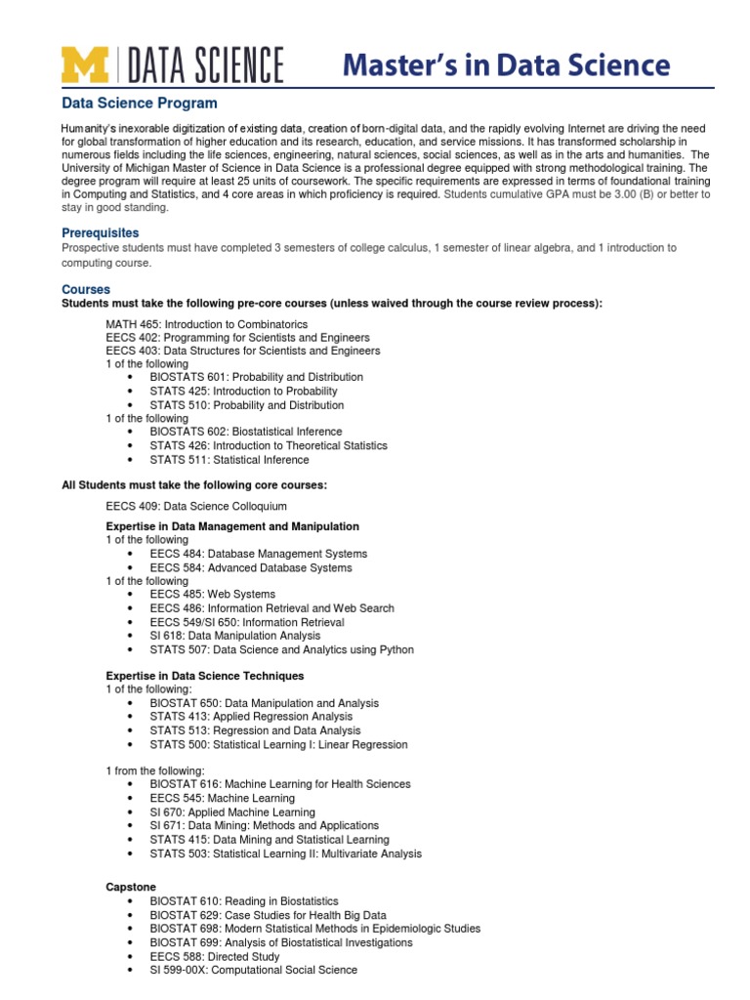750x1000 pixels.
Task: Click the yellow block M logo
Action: pos(86,65)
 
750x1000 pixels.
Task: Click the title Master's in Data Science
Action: pos(506,65)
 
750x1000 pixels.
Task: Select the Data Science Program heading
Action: pos(140,103)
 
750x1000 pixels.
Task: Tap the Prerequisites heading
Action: pos(101,233)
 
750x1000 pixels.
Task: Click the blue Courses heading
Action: pos(86,290)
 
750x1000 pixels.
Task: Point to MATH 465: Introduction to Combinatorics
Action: pos(206,323)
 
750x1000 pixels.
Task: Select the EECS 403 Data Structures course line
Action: pos(242,351)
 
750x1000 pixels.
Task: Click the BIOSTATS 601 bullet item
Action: pos(256,377)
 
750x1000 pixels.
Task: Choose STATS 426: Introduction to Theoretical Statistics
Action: pos(268,445)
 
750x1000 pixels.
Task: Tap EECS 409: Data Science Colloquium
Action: pos(196,506)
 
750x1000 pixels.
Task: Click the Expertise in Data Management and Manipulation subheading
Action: pos(231,526)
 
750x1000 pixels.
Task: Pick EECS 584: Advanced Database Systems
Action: pos(250,567)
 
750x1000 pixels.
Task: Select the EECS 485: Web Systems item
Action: pos(212,594)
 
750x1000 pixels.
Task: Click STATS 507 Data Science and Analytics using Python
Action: pos(281,649)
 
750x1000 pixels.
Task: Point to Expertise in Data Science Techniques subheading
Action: pos(204,676)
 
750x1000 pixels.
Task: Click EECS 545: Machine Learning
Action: pos(222,798)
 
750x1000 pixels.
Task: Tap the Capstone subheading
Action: pos(130,886)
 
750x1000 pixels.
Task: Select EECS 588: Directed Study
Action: pos(214,956)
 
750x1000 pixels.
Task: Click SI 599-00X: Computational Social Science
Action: pos(253,970)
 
